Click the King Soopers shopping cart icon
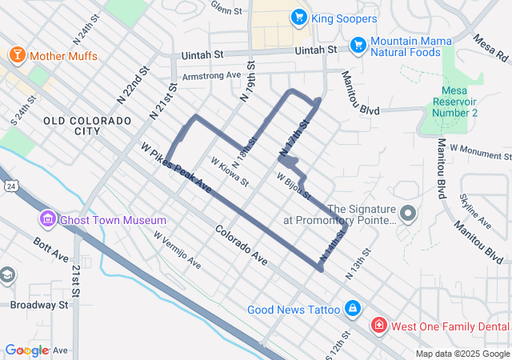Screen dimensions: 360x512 pyautogui.click(x=298, y=17)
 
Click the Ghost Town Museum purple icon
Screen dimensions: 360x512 pyautogui.click(x=46, y=219)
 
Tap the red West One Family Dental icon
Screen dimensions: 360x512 pyautogui.click(x=378, y=326)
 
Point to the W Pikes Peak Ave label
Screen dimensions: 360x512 pyautogui.click(x=176, y=168)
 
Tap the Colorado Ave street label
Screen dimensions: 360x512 pyautogui.click(x=241, y=246)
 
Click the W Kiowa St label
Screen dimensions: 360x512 pyautogui.click(x=230, y=172)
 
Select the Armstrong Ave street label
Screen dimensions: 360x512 pyautogui.click(x=212, y=76)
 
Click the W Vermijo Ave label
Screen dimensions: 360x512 pyautogui.click(x=185, y=253)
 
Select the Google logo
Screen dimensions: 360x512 pyautogui.click(x=26, y=350)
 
